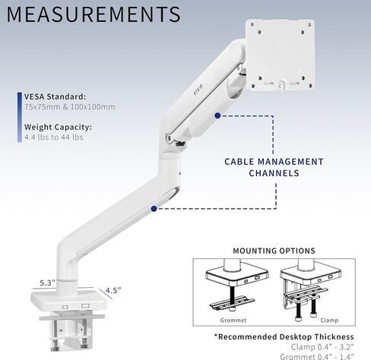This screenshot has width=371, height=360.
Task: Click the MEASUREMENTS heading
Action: (94, 14)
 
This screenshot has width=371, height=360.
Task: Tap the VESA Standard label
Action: (55, 96)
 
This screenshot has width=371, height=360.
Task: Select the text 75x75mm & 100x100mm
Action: (70, 106)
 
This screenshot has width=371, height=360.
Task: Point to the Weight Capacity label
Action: (58, 127)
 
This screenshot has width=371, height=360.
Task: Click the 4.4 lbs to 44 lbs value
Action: (54, 137)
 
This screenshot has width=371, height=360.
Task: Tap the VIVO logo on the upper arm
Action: (198, 90)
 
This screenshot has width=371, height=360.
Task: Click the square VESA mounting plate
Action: (280, 55)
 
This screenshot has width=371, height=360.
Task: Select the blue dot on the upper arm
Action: (217, 115)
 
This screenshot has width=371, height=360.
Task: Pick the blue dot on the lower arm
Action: (154, 209)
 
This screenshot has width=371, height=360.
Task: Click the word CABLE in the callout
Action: (239, 162)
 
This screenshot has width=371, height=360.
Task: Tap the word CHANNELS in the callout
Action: (274, 173)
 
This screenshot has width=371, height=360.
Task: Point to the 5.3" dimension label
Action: (47, 283)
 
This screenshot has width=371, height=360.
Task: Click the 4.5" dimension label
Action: (113, 290)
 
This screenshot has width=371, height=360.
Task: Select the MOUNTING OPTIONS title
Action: (274, 251)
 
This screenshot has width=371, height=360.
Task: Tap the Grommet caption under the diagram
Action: (233, 321)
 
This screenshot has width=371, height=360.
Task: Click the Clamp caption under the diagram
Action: (329, 321)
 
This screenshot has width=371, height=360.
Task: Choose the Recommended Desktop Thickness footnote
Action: (284, 336)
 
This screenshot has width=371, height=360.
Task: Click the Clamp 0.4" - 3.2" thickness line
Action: (322, 346)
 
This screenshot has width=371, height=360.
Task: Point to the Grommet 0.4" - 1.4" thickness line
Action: (317, 356)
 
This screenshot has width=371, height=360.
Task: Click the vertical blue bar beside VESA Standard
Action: (20, 117)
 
